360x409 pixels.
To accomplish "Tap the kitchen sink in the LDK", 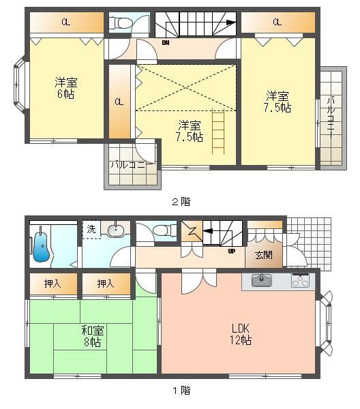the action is tap(262, 281).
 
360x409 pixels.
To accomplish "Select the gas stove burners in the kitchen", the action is tap(300, 280).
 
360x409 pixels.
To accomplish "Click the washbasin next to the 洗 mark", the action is tap(116, 230).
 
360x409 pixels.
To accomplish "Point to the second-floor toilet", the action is tap(120, 23).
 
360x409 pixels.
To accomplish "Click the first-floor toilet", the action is tap(164, 231).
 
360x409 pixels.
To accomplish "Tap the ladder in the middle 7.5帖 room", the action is tap(218, 132).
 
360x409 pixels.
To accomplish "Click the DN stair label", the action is tap(166, 43).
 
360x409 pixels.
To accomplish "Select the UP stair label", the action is tap(231, 251).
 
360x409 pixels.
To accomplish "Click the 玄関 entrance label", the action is tap(264, 255).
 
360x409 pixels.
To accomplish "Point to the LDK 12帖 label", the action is tap(241, 334).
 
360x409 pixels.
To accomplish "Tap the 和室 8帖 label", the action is tap(92, 336).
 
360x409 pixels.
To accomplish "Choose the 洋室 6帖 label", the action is tap(65, 88).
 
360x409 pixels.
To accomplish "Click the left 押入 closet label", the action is tap(52, 284).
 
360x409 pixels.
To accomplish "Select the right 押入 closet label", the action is tap(106, 284).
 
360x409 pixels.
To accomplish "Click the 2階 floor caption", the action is tap(181, 202).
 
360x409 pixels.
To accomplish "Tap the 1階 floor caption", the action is tap(181, 391).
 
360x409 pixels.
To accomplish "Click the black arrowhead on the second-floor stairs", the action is tap(230, 22).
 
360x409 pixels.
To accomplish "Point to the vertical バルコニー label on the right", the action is tap(331, 117).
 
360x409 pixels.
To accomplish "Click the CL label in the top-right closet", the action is tap(277, 22).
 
